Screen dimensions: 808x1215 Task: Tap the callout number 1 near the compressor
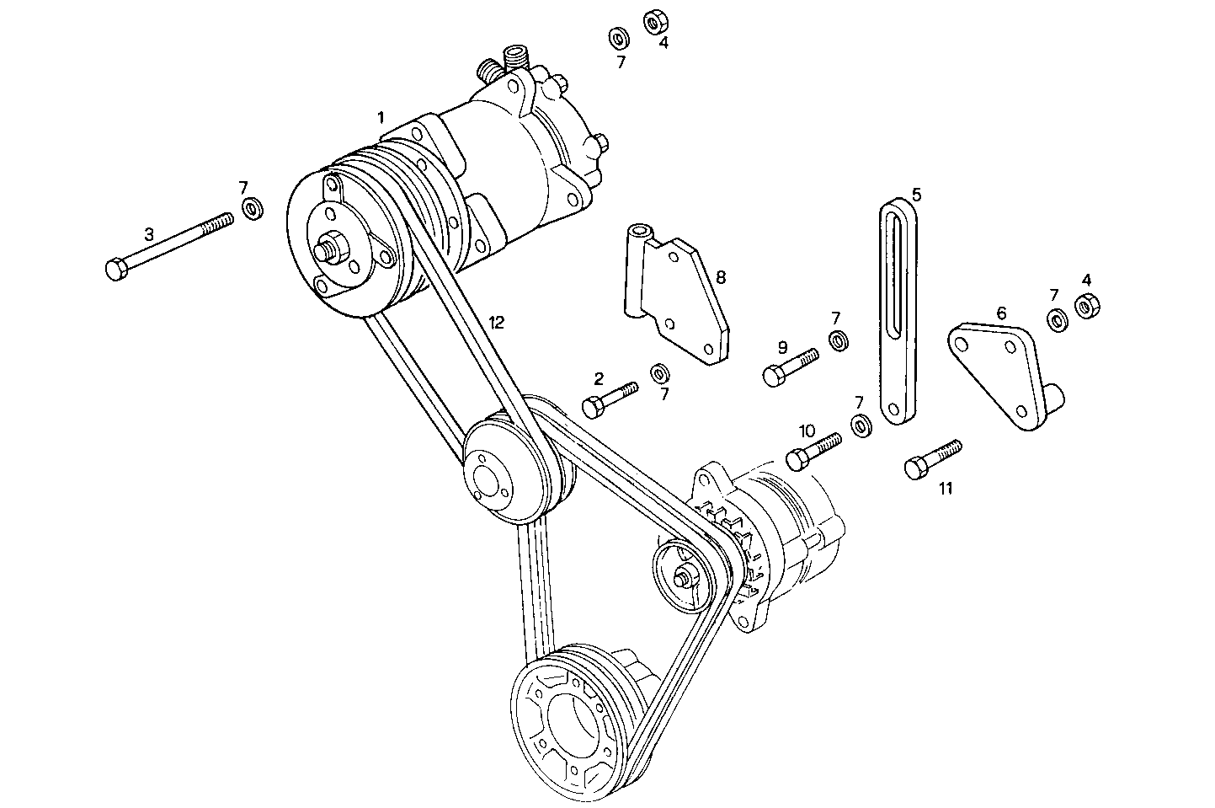tap(381, 115)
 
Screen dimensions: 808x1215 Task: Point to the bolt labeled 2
tap(610, 398)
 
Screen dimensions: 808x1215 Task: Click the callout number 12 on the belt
tap(497, 322)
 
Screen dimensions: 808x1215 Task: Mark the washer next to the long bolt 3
tap(251, 207)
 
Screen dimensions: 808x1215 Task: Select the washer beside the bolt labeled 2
tap(659, 372)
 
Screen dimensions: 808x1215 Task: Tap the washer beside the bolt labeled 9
tap(838, 341)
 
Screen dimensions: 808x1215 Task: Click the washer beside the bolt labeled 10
tap(861, 425)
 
